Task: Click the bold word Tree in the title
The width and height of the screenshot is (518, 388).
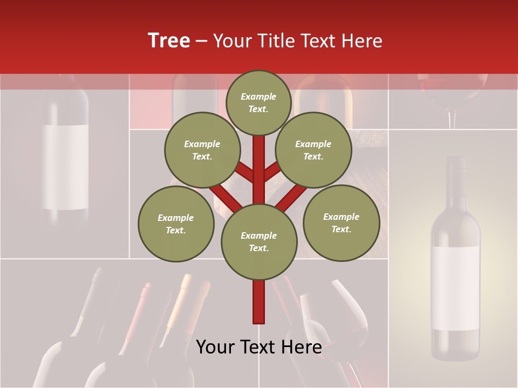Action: (x=169, y=40)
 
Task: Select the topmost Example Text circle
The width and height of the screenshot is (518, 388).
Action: (x=258, y=102)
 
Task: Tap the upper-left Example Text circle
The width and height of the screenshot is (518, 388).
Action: (x=202, y=150)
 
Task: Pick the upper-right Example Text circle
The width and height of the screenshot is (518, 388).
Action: (x=313, y=150)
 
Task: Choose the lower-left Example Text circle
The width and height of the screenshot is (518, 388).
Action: (x=176, y=224)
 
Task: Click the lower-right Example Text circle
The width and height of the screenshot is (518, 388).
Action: (x=341, y=223)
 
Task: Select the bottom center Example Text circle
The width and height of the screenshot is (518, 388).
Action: (x=259, y=241)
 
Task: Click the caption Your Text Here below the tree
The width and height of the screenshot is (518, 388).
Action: (x=259, y=347)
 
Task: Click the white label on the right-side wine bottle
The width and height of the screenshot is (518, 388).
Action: (x=455, y=288)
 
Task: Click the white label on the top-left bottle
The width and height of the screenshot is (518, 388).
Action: (x=65, y=167)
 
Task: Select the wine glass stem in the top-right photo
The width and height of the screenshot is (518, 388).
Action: (x=452, y=117)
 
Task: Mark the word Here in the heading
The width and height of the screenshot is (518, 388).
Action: (x=361, y=41)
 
